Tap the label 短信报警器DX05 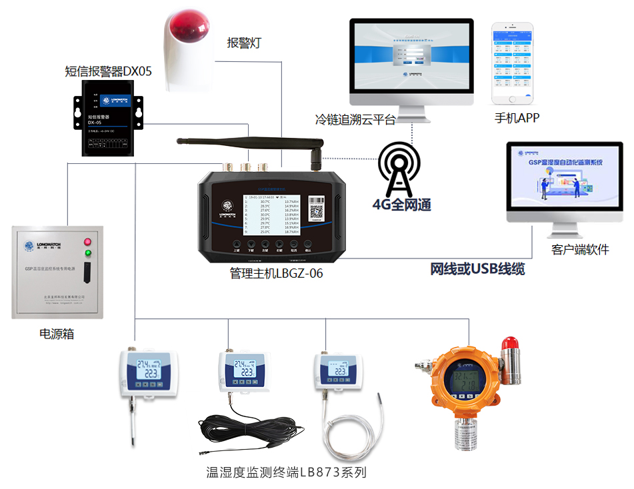(x=109, y=71)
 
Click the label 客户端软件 (x=579, y=250)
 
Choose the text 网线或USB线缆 (x=477, y=269)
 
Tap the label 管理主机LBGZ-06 (x=276, y=272)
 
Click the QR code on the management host (x=317, y=211)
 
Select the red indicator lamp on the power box (x=87, y=241)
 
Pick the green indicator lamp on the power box (x=87, y=253)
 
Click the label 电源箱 (x=57, y=334)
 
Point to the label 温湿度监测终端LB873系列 (x=287, y=473)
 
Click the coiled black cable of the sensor (x=253, y=430)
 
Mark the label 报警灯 (x=244, y=43)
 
